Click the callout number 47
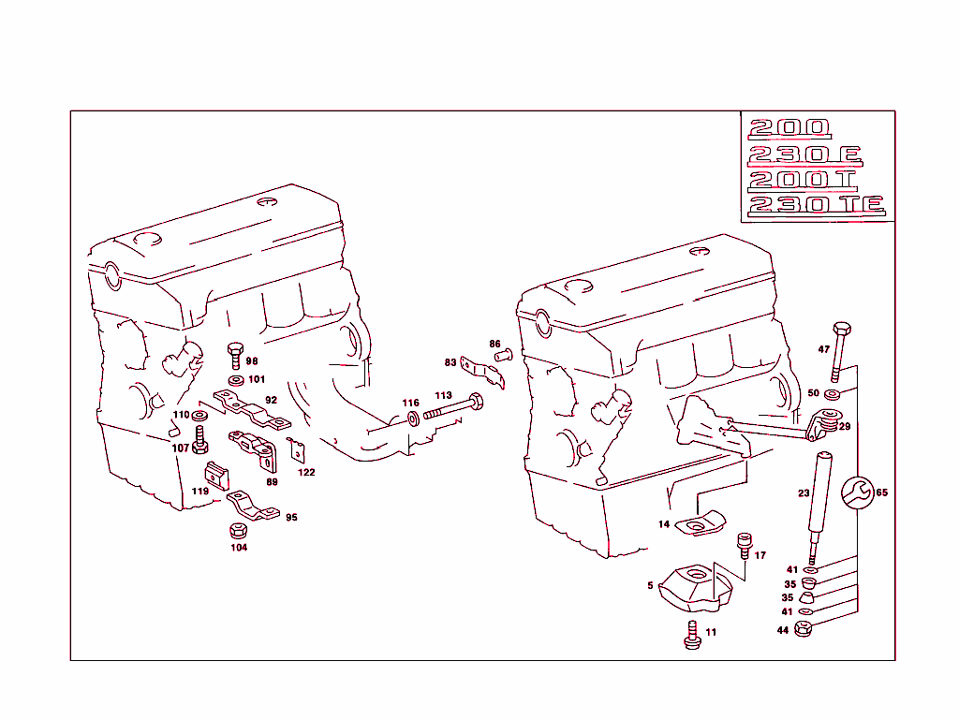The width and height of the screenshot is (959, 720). [x=824, y=349]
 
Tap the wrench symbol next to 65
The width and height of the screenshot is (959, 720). [x=856, y=492]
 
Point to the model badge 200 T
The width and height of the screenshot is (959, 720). [x=803, y=179]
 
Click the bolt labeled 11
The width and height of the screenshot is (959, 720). [x=692, y=633]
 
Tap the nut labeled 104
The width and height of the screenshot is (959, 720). [x=238, y=531]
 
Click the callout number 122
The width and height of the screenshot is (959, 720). [x=306, y=472]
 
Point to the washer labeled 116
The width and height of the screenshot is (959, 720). [x=413, y=415]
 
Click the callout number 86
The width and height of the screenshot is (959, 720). [x=494, y=344]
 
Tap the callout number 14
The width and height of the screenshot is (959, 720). [x=664, y=524]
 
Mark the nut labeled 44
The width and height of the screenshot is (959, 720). [x=803, y=629]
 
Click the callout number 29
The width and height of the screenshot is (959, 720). [x=844, y=426]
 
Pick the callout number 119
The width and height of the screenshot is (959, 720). [x=200, y=491]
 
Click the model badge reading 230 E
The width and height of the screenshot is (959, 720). [x=804, y=154]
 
